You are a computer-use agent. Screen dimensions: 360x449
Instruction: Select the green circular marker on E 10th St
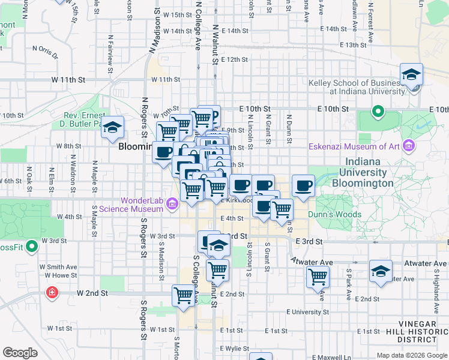click(x=378, y=111)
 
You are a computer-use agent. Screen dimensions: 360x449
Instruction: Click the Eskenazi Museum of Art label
click(x=354, y=146)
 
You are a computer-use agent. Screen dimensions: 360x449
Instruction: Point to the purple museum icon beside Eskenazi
click(x=409, y=146)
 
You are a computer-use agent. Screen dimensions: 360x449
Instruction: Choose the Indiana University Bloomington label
click(x=370, y=172)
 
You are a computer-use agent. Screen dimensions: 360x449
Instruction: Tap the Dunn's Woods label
click(x=334, y=214)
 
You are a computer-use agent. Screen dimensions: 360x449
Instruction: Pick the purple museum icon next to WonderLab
click(x=172, y=205)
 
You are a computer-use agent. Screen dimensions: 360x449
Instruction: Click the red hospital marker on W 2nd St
click(x=52, y=293)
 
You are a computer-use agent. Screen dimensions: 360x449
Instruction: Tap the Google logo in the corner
click(x=20, y=353)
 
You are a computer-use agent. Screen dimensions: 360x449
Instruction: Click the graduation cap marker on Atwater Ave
click(x=381, y=272)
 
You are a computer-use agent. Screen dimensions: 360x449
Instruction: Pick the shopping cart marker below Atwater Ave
click(x=317, y=277)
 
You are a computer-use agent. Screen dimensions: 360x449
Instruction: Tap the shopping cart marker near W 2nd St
click(x=183, y=295)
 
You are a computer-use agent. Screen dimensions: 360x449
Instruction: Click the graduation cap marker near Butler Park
click(x=112, y=128)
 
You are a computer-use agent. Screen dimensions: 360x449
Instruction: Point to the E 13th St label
click(x=352, y=45)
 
